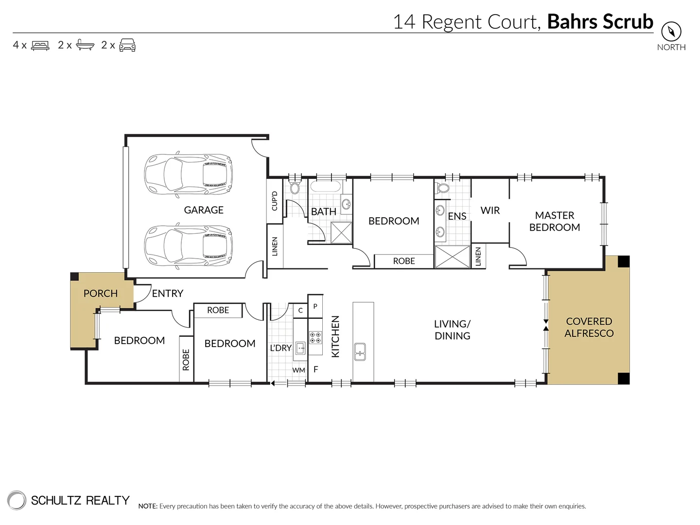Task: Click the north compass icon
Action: pyautogui.click(x=671, y=32)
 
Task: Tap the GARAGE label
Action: pyautogui.click(x=204, y=210)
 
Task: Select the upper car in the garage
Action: pyautogui.click(x=188, y=174)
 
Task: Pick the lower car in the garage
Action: pyautogui.click(x=188, y=246)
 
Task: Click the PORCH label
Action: pyautogui.click(x=101, y=294)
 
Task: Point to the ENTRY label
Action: pyautogui.click(x=167, y=294)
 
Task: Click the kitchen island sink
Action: pyautogui.click(x=360, y=351)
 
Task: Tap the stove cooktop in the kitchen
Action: pyautogui.click(x=315, y=337)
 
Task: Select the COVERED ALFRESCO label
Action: pyautogui.click(x=589, y=327)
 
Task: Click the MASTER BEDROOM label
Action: pyautogui.click(x=554, y=221)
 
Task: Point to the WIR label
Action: pyautogui.click(x=490, y=210)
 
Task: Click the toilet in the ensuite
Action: pyautogui.click(x=443, y=188)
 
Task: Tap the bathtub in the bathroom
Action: pyautogui.click(x=326, y=187)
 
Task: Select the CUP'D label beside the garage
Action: pyautogui.click(x=274, y=201)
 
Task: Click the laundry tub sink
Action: pyautogui.click(x=300, y=348)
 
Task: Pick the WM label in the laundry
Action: pyautogui.click(x=298, y=370)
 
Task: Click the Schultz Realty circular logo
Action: pyautogui.click(x=17, y=500)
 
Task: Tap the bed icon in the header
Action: pyautogui.click(x=40, y=46)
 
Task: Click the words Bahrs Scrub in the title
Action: pyautogui.click(x=600, y=22)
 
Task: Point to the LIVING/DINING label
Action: pyautogui.click(x=452, y=330)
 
